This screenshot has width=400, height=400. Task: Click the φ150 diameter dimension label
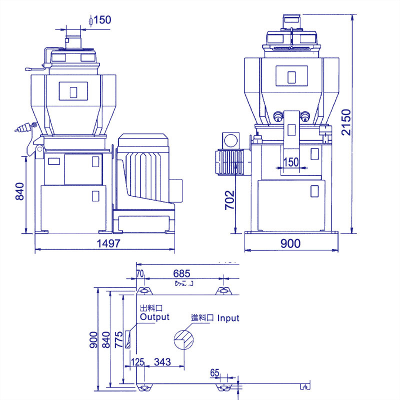tap(99, 20)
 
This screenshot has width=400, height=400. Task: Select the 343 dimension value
tap(163, 361)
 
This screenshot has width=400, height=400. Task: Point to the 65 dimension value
tap(215, 372)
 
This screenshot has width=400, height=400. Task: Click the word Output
tap(154, 317)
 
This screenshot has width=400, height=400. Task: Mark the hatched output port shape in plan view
tap(129, 338)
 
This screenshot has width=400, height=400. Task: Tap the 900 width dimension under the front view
tap(290, 243)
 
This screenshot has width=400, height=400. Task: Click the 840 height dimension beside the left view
tap(19, 191)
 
